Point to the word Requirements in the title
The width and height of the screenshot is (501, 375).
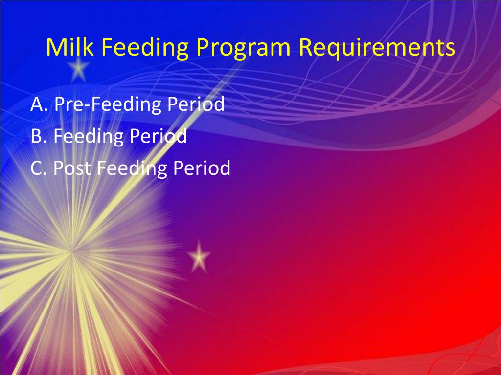click(377, 48)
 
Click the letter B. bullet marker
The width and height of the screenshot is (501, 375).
click(39, 136)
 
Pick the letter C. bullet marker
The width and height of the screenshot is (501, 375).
click(39, 168)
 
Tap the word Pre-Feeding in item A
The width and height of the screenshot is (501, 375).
click(108, 104)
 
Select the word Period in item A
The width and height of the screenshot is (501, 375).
click(196, 104)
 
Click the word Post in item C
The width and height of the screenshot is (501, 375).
click(72, 168)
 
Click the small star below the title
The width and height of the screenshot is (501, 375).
click(79, 70)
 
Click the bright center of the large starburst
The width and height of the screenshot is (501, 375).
click(72, 252)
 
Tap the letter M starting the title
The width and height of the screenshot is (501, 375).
click(55, 47)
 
